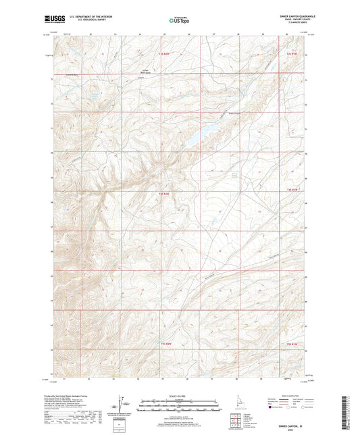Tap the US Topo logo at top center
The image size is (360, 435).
(176, 20)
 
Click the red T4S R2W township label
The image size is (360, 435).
(162, 195)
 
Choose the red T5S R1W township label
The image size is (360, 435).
(291, 345)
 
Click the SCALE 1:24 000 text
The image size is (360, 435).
(179, 396)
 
